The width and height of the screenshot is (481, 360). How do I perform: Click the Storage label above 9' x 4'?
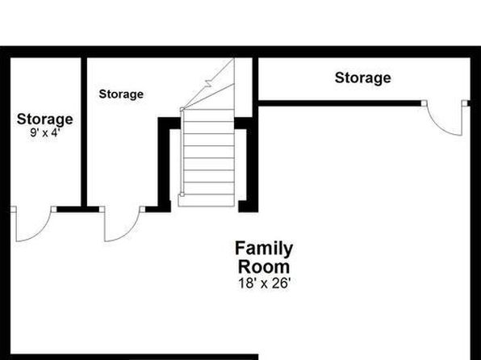44,119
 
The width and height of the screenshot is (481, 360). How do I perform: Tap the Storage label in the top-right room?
363,78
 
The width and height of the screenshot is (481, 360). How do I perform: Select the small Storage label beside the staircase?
121,94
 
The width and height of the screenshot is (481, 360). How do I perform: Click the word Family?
264,249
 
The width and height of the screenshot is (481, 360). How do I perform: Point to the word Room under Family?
264,266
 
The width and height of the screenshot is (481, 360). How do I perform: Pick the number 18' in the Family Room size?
247,283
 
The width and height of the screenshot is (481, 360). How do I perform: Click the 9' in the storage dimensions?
34,133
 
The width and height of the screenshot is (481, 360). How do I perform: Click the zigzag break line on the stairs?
208,83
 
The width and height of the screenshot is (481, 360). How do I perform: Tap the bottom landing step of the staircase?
206,200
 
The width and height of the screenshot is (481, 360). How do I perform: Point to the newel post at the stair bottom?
182,195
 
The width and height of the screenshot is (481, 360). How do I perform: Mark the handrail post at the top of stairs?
182,109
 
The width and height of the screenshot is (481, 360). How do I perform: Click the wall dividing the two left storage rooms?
84,132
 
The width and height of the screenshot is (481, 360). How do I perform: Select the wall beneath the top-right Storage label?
340,103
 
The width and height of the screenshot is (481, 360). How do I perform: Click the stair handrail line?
182,152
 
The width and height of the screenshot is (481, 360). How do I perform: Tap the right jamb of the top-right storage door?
465,103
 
